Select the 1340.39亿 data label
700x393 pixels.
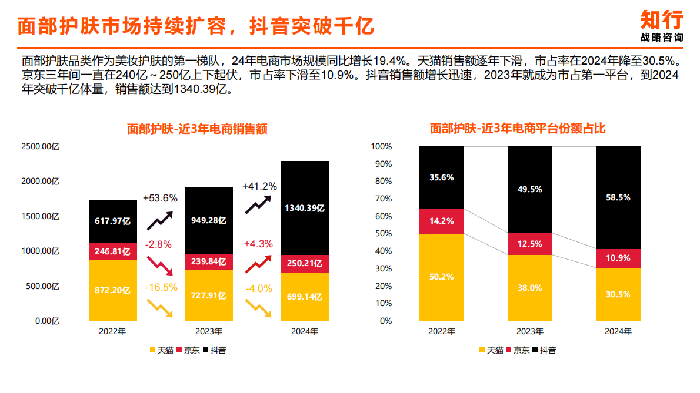[305, 208]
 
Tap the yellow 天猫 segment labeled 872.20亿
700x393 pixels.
[113, 290]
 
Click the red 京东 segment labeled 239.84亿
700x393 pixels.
[209, 262]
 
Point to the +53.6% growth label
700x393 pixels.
[160, 198]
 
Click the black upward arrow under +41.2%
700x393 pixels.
[258, 204]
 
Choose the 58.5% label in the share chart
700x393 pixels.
[618, 197]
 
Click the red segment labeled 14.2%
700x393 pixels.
[441, 221]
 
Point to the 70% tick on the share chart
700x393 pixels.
[381, 199]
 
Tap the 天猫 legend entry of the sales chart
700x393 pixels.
[162, 351]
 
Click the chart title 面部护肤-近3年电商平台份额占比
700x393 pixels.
[518, 128]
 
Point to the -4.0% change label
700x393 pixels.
[258, 288]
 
